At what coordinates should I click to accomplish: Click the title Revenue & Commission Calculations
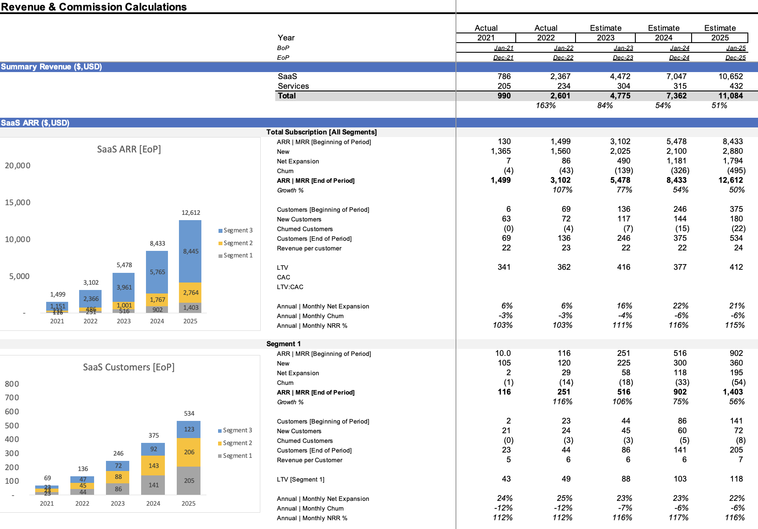94,7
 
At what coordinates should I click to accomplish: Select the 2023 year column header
605,38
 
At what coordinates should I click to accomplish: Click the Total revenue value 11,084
730,96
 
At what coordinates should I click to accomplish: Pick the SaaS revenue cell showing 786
504,76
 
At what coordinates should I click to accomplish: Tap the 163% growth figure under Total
546,105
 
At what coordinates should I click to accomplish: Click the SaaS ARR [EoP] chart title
129,149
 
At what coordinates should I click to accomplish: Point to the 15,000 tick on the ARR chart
18,203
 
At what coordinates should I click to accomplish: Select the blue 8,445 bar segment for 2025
190,251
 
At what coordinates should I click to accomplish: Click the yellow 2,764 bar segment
190,293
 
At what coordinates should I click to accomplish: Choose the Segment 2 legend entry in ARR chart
237,243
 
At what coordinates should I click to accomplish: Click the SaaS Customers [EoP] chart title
129,367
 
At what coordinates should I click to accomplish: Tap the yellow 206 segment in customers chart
189,452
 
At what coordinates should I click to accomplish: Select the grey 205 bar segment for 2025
189,481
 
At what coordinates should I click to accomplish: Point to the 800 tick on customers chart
12,384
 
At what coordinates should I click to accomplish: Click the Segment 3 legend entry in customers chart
237,430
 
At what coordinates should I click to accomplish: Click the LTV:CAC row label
290,287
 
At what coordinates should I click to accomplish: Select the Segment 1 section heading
284,344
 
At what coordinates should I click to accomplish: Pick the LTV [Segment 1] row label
301,479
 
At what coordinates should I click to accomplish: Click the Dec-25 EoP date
736,58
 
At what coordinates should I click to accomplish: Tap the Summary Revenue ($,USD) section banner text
51,67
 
